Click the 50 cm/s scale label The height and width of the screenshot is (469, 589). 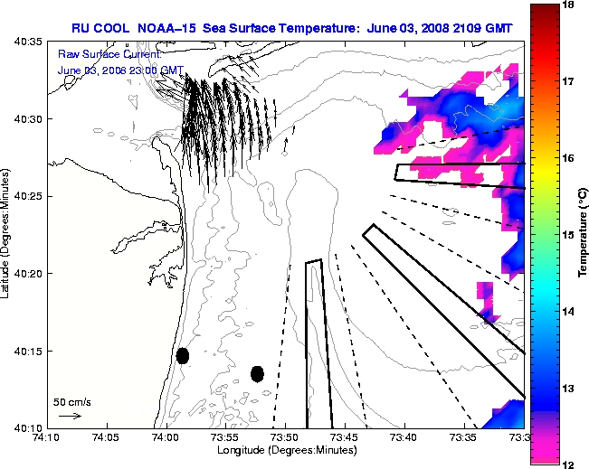(x=71, y=402)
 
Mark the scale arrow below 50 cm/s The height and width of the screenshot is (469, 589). (x=69, y=416)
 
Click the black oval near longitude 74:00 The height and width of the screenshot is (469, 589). (x=183, y=355)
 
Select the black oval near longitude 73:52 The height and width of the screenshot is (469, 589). (x=257, y=373)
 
